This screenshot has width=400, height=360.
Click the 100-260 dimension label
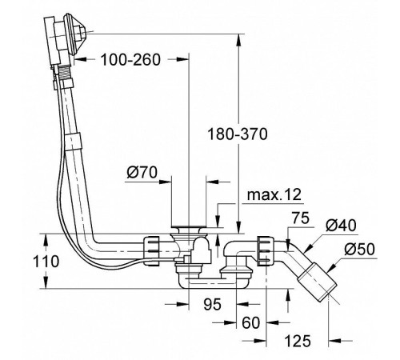tap(130, 60)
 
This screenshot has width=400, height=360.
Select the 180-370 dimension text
tap(237, 134)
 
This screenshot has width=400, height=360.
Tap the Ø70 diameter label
tap(142, 173)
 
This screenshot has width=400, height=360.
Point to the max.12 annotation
tap(274, 195)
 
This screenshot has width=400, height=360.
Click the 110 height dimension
tap(46, 262)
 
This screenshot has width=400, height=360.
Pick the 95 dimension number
tap(213, 304)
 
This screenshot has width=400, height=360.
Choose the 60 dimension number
tap(250, 322)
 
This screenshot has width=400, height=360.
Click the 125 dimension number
tap(298, 341)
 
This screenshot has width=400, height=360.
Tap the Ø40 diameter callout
tap(341, 226)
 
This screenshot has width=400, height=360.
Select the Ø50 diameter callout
tap(359, 250)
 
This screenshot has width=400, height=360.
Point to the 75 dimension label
tap(300, 218)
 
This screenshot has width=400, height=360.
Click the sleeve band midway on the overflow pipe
tap(72, 141)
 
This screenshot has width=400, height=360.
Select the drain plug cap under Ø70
tap(189, 227)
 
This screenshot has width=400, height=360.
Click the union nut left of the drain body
tap(151, 250)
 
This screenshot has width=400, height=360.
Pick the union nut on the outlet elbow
tap(266, 250)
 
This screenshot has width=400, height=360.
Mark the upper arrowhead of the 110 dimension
tap(46, 240)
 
